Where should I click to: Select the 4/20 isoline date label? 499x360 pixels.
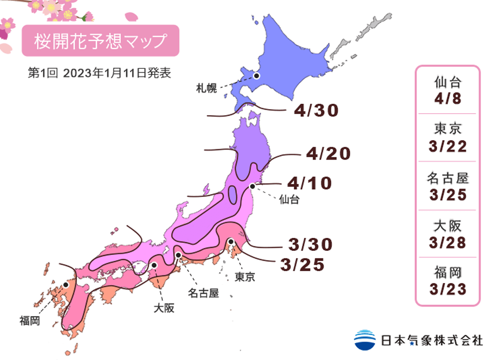point(328,154)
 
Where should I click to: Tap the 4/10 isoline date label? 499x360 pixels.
point(309,183)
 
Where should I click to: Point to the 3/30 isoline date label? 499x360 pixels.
point(310,244)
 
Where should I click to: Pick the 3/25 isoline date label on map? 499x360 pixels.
point(303,265)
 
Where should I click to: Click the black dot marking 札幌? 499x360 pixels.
point(256,76)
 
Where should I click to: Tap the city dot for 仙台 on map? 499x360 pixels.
point(252,186)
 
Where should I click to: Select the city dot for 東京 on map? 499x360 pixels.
point(231,242)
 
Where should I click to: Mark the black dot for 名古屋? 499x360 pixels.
point(178,255)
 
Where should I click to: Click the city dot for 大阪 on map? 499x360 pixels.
point(155,265)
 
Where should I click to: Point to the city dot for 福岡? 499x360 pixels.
point(65,285)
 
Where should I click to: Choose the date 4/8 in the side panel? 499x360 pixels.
point(447,99)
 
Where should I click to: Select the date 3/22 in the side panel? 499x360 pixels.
point(447,147)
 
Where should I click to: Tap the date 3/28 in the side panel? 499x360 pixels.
point(447,242)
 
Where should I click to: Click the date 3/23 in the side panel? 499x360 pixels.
point(447,289)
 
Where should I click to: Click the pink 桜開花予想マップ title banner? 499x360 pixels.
point(100,41)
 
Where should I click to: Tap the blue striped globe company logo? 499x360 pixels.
point(365,340)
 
